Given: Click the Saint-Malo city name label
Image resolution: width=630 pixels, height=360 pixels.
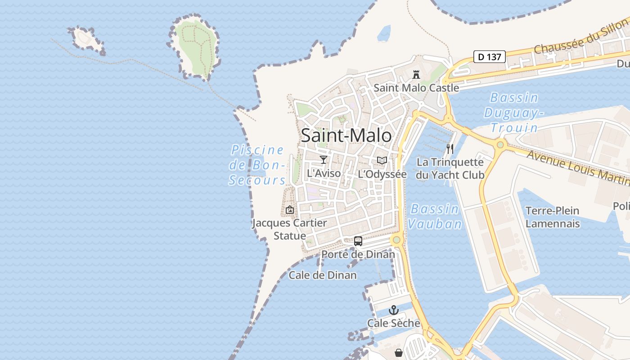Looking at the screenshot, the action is pos(346,135).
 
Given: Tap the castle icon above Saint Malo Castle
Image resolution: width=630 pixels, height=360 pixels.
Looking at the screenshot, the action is pos(416,74).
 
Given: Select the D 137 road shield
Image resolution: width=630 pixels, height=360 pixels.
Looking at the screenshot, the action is pos(490,57).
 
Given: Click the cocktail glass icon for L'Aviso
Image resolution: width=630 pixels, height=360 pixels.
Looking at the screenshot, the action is pos(323,160).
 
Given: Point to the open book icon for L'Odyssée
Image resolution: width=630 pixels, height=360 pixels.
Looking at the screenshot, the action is pos(382,160).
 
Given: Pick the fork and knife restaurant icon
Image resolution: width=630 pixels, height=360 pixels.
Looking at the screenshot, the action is pos(450,148).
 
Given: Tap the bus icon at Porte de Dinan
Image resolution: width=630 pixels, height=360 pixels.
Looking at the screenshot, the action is pos(358,241).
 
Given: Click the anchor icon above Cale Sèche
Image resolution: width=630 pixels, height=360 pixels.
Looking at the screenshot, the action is pos(394,310).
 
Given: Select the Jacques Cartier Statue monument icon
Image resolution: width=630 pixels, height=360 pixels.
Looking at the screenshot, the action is pos(290,210).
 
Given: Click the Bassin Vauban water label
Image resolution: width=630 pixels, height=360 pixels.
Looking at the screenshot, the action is pos(435,216).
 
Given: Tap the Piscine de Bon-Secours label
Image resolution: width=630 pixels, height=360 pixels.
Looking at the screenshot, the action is pos(257,165).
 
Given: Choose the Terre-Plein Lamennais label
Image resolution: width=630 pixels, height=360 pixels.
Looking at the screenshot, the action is pos(553,217).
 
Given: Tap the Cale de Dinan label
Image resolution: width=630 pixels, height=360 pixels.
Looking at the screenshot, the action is pos(323,275).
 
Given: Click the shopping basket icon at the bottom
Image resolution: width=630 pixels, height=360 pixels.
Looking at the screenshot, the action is pos(398,353).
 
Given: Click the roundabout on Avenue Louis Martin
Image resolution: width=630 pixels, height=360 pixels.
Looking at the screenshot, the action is pos(500,145).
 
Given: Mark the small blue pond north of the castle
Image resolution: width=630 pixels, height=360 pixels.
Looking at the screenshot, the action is pos(384,33).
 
